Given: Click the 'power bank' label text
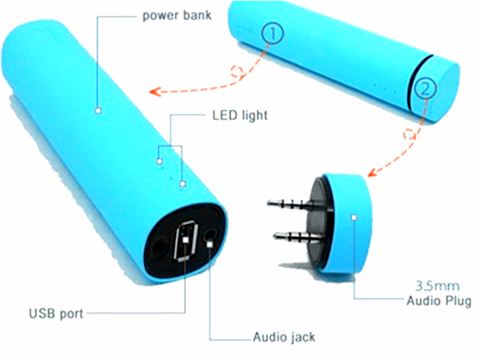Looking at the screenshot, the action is tap(177, 16).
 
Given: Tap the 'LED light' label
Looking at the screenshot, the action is tap(240, 115).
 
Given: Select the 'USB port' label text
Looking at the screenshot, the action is tap(56, 314).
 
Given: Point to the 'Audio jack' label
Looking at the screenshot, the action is tap(284, 337).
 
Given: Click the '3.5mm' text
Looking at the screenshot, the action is tap(438, 286).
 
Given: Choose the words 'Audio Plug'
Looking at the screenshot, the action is tap(438, 301).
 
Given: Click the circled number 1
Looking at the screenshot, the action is tap(272, 33).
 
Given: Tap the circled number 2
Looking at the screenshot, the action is tap(425, 88).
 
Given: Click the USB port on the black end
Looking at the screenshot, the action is tap(186, 240).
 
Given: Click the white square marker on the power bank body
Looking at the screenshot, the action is tap(98, 110).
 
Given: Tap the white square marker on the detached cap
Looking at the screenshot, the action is tap(354, 217).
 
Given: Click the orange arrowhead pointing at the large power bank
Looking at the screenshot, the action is tap(155, 92).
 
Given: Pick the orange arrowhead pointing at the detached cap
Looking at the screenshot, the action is tap(373, 172).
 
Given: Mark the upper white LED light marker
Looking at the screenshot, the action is tap(159, 161).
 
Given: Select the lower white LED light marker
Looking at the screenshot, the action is tap(182, 183).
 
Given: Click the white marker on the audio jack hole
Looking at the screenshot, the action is tap(210, 245).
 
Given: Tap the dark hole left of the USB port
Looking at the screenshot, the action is tap(158, 247).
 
